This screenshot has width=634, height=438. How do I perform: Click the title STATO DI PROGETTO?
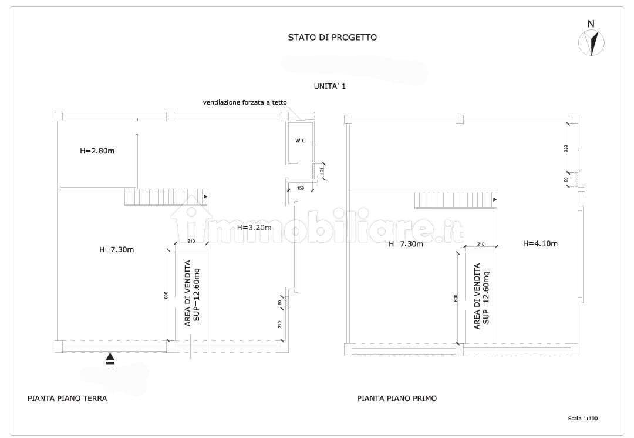point(332,37)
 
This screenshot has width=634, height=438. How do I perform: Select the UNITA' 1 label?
point(330,86)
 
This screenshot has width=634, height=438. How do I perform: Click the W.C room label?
point(300,141)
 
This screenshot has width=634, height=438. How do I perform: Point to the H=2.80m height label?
point(97,151)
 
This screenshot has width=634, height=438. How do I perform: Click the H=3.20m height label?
point(254,228)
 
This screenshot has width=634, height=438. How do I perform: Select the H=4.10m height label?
point(540,243)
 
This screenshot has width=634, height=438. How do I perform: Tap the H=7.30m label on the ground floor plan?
point(117,249)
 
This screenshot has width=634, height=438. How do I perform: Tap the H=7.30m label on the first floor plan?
point(406,244)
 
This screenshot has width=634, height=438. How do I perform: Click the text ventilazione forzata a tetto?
point(245,102)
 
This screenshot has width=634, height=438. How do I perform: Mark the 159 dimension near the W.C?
point(300,189)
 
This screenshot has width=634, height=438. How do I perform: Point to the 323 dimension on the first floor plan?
point(566,148)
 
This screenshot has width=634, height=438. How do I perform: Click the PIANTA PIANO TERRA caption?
point(68,398)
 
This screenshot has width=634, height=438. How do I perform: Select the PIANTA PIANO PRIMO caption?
point(397,398)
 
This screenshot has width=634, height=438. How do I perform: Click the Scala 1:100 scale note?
point(583,419)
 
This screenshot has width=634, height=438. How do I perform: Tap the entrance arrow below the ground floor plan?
point(110,359)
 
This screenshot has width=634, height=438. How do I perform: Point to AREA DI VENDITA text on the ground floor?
point(188,293)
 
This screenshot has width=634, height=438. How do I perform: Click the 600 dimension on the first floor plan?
point(456,298)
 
